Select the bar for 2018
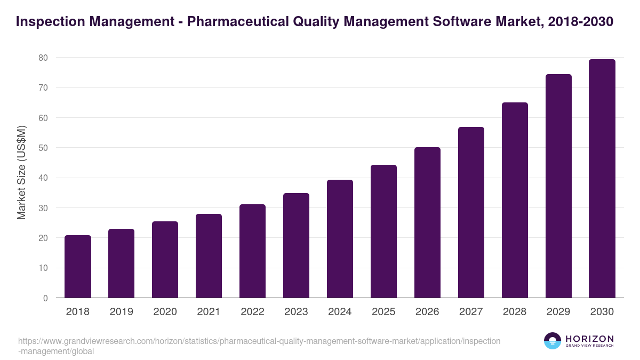(78, 267)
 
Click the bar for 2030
(602, 179)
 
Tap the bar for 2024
(340, 239)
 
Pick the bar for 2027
(471, 212)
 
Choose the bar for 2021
(209, 256)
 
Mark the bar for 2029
(558, 186)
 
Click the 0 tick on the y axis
(46, 298)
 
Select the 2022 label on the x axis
(252, 312)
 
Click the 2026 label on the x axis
(427, 312)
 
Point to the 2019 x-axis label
(121, 312)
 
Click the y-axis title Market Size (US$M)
(21, 172)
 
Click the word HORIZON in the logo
(589, 339)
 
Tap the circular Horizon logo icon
(553, 341)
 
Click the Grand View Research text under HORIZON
(589, 346)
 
